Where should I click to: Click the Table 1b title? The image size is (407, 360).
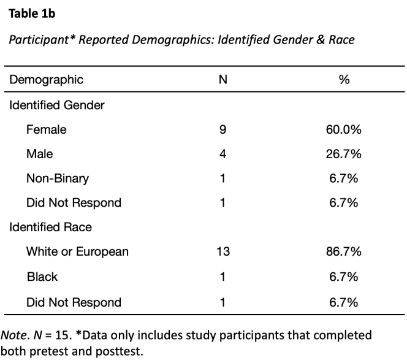(x=32, y=13)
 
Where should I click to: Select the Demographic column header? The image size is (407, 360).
(x=46, y=80)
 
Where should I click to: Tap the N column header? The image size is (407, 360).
(x=223, y=80)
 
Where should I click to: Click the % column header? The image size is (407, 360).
(x=344, y=80)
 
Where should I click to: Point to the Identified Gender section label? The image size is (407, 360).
(x=57, y=105)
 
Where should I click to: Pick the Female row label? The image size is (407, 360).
(x=47, y=129)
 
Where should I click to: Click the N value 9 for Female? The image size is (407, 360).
(x=223, y=129)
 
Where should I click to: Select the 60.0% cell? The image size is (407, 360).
(x=344, y=129)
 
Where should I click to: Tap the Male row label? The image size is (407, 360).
(x=40, y=154)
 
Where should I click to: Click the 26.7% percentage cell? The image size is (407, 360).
(x=344, y=154)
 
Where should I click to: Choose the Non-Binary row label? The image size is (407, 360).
(x=58, y=178)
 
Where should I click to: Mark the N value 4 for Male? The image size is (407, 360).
(x=223, y=154)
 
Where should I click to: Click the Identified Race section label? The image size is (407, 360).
(x=51, y=227)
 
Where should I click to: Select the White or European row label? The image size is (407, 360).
(x=77, y=251)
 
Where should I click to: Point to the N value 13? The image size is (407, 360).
(x=223, y=251)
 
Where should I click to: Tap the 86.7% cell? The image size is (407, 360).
(x=344, y=251)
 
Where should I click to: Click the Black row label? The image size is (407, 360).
(x=42, y=277)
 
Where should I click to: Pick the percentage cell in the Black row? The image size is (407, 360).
(x=344, y=277)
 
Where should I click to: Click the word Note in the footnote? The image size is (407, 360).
(x=13, y=335)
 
